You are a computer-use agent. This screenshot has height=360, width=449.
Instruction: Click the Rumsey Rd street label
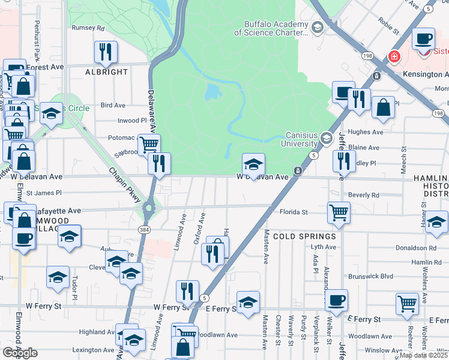point(88,28)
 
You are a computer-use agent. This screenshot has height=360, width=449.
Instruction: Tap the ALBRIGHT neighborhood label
point(106,72)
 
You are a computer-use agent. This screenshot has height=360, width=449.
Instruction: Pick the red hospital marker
point(394,57)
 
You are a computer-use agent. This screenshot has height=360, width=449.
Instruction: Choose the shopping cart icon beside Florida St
point(339,212)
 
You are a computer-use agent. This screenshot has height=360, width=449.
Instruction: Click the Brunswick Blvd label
point(370,277)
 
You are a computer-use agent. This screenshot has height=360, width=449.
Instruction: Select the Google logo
point(20,353)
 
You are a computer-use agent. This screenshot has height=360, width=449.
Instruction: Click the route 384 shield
point(144,230)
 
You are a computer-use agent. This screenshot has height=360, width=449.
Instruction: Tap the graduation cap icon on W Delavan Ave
point(253,164)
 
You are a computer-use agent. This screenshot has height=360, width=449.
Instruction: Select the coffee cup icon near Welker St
point(336,299)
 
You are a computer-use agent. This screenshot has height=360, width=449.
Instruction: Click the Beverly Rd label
point(363,195)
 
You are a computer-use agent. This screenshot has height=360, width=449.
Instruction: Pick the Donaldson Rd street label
point(415,247)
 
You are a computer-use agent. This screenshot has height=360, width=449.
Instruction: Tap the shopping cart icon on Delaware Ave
point(148,144)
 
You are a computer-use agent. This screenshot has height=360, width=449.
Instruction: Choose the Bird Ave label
point(113,105)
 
